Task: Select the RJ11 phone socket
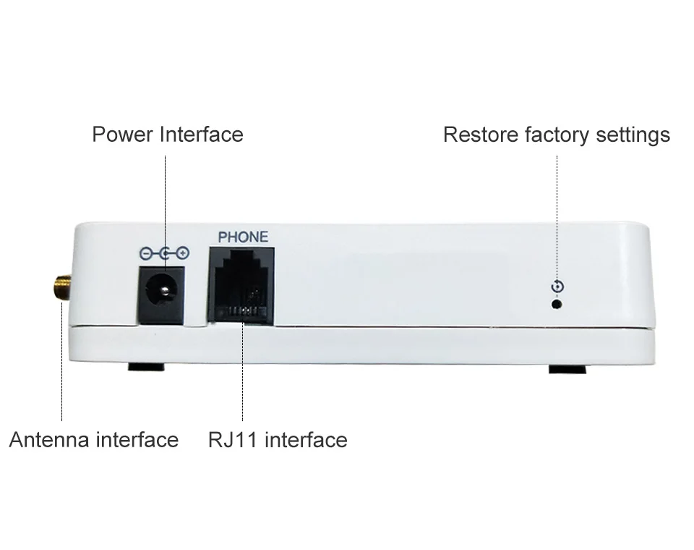(x=241, y=284)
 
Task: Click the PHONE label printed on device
(x=243, y=237)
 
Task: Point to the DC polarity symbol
(x=164, y=253)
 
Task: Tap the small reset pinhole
(x=557, y=303)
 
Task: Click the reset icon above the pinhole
(x=557, y=287)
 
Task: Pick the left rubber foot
(x=146, y=367)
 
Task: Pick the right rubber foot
(x=566, y=369)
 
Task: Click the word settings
(x=634, y=135)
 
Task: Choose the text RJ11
(x=233, y=440)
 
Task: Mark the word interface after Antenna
(x=137, y=440)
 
